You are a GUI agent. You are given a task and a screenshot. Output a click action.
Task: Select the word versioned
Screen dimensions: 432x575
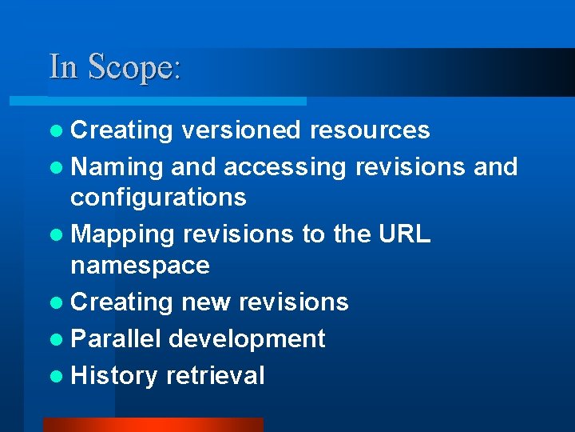240,130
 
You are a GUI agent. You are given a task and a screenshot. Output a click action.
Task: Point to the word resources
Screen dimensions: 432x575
370,130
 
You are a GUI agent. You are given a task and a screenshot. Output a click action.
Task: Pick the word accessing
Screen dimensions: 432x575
285,166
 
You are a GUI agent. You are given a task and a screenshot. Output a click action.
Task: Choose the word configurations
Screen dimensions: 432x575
159,197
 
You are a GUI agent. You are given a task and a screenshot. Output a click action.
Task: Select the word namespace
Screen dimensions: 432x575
140,265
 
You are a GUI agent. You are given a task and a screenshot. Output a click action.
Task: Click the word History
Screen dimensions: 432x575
114,375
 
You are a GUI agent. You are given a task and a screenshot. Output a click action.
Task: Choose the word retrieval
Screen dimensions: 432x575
215,375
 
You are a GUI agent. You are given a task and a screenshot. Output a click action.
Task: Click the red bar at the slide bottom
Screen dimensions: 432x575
153,425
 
